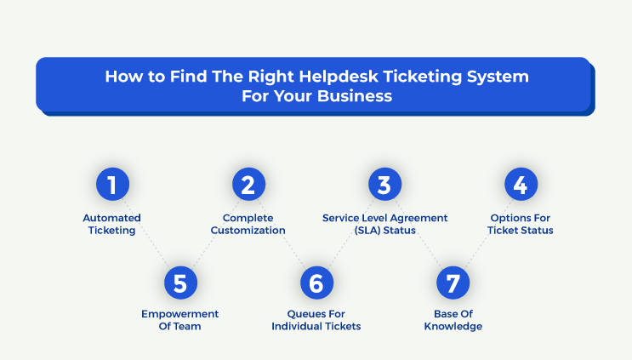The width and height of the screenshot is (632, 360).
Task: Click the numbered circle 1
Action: [x=112, y=184]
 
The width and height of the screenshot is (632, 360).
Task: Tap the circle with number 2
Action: [x=248, y=184]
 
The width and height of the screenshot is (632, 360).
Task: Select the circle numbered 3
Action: [x=385, y=184]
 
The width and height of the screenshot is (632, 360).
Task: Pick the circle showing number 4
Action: [x=521, y=184]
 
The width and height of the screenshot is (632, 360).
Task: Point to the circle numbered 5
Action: [x=180, y=283]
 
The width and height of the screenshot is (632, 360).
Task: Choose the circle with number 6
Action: [x=316, y=283]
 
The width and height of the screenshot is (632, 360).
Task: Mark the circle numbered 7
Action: [x=453, y=283]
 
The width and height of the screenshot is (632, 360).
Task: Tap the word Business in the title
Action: [x=355, y=96]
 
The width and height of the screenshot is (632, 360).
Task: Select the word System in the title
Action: [x=498, y=77]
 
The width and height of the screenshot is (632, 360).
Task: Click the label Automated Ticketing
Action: [x=111, y=224]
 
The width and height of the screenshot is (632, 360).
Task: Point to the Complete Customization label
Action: [x=248, y=224]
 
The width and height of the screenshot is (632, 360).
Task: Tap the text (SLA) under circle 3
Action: [x=367, y=231]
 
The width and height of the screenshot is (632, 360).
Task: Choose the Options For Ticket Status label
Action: [x=521, y=224]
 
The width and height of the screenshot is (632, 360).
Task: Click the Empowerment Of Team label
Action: [x=179, y=320]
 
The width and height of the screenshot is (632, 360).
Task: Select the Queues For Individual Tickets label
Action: [x=316, y=320]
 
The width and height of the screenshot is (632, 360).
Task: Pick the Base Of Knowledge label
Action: [x=453, y=320]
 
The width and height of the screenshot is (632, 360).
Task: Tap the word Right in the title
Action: [x=271, y=77]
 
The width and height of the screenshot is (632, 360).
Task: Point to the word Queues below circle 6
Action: [x=302, y=314]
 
